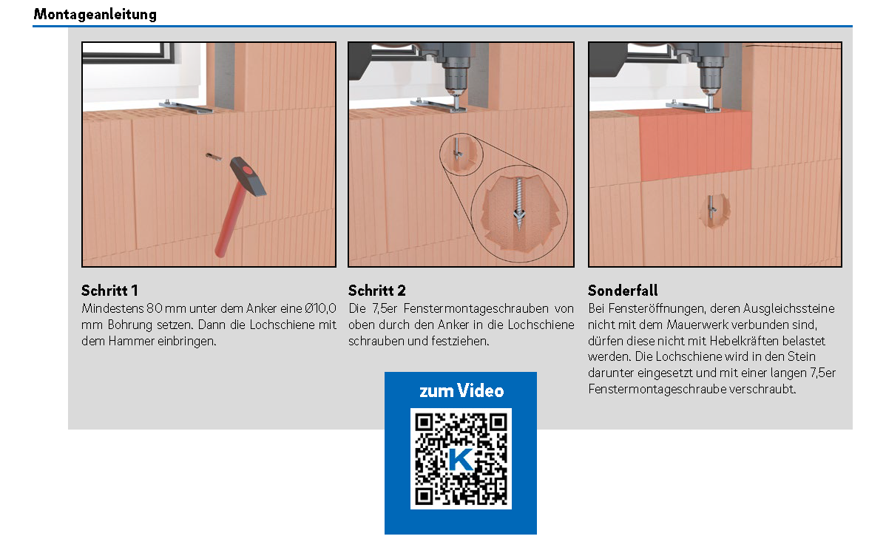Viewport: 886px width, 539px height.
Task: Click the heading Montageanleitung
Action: (x=95, y=14)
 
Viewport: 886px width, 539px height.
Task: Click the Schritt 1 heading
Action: (x=109, y=291)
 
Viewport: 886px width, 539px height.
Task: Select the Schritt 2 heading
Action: (x=377, y=291)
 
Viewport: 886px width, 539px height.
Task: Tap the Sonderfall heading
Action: (x=623, y=291)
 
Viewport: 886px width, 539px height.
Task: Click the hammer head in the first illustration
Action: (x=248, y=176)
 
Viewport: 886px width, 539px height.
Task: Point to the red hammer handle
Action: (x=230, y=222)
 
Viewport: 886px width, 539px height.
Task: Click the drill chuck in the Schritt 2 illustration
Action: (x=455, y=79)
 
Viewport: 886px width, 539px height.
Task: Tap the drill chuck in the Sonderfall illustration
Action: (x=710, y=79)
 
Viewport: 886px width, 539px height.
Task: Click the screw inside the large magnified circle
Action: (x=518, y=203)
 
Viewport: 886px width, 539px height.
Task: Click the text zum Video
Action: (x=461, y=390)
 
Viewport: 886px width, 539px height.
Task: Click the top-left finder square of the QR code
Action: (x=425, y=422)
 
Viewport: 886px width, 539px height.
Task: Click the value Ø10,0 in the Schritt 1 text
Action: (x=320, y=308)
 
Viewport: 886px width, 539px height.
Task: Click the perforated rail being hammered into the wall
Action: (x=213, y=157)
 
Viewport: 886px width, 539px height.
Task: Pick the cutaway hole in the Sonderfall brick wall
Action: (x=713, y=211)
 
